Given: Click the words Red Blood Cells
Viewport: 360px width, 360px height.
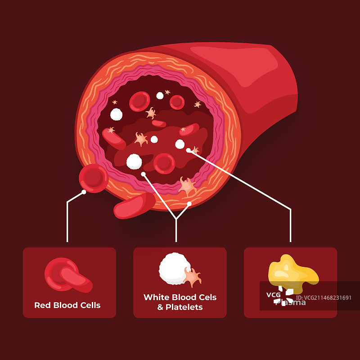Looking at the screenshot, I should (67, 305).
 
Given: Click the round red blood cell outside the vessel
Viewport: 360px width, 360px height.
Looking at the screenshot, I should (93, 178).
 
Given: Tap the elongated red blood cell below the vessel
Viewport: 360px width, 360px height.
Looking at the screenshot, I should (134, 206).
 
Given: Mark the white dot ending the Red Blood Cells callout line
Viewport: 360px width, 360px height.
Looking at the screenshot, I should (84, 192).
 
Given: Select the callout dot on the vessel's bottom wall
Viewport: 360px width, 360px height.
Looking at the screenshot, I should (189, 204).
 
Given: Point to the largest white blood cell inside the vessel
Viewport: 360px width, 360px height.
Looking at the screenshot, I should (134, 161).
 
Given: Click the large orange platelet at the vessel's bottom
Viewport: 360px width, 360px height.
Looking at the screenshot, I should (186, 185).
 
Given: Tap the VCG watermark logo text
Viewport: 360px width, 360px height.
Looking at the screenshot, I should (274, 295).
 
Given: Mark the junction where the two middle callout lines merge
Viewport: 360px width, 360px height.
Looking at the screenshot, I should (176, 219).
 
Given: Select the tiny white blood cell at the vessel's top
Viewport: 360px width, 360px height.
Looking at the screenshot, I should (160, 95).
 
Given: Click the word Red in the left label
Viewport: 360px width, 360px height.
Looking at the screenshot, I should (43, 305).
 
